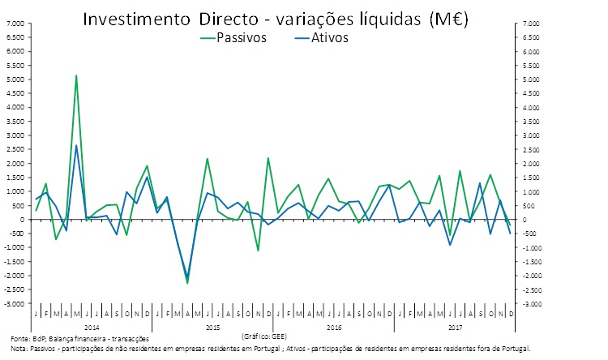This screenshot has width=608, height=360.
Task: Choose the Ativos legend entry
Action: tap(329, 37)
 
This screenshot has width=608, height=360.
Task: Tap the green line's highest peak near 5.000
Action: tap(76, 75)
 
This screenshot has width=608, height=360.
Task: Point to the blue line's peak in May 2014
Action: tap(76, 146)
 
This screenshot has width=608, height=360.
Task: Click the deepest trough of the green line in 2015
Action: tap(187, 282)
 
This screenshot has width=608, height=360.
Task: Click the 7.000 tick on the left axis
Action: tap(14, 24)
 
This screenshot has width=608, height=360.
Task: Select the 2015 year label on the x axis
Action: tap(213, 326)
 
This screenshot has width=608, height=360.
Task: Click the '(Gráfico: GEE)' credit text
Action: tap(264, 334)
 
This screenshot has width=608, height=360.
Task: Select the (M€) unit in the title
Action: tap(452, 17)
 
